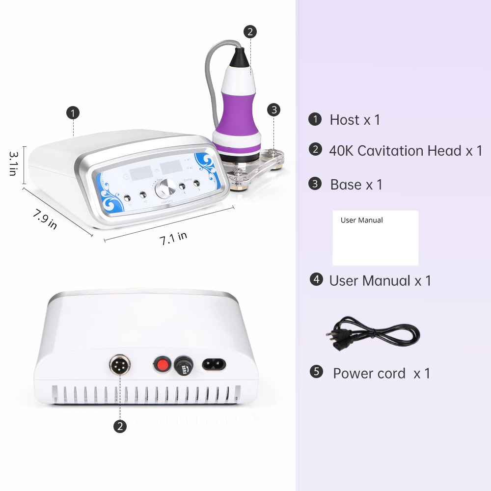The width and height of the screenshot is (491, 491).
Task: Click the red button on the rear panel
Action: tap(161, 364)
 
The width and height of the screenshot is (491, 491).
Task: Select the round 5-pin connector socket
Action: tap(119, 365)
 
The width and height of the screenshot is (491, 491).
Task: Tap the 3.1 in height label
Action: tap(13, 164)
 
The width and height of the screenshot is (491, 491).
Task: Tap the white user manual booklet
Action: tap(376, 238)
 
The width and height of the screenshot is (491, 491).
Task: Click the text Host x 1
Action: tap(355, 120)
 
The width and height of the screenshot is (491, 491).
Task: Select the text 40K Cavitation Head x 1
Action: tap(406, 151)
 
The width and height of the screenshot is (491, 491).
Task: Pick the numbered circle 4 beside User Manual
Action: tap(317, 279)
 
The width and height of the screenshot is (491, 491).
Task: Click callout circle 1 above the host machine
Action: tap(73, 113)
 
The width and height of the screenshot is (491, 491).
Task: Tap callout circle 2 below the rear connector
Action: tap(120, 426)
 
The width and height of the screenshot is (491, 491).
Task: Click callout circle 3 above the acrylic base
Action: tap(273, 109)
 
